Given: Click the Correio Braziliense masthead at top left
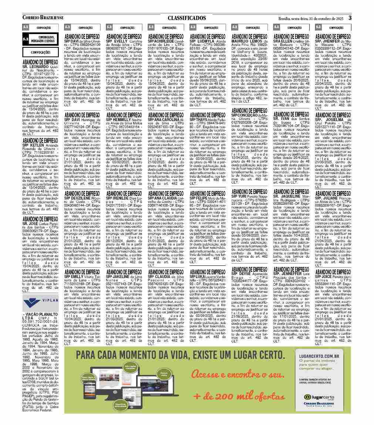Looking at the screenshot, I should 43,18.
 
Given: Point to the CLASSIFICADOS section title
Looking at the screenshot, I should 186,18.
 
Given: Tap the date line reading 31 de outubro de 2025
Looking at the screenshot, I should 311,18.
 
